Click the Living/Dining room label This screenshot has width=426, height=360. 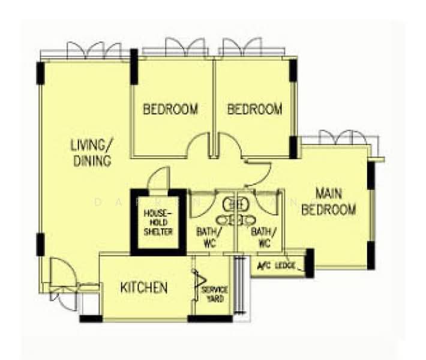(x=92, y=153)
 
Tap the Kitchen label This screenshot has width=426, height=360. (x=144, y=288)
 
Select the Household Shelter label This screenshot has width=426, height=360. (x=158, y=223)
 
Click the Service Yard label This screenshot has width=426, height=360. (x=214, y=294)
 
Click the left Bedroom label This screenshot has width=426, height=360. (x=170, y=109)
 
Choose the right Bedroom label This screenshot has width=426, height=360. (x=254, y=109)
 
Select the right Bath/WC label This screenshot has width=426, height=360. (x=263, y=237)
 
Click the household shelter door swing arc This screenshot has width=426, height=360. (x=159, y=179)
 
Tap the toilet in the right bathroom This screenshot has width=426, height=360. (x=245, y=204)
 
